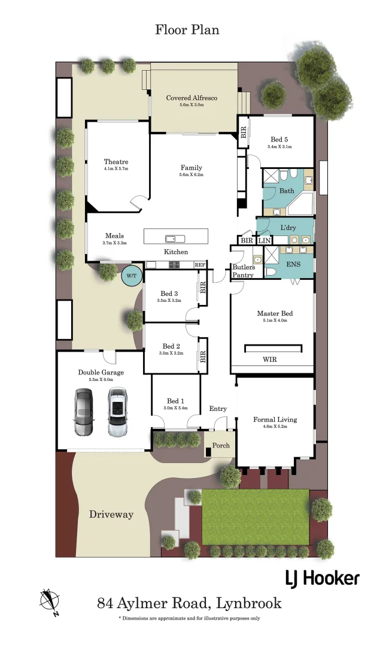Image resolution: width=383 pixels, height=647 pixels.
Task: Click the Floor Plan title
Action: point(187,29)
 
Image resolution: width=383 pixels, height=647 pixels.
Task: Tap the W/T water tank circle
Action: point(131,276)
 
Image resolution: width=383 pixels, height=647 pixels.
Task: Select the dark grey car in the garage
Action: point(83,412)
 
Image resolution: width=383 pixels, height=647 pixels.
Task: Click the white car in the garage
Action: point(118,412)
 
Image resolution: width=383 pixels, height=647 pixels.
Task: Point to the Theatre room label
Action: point(116,162)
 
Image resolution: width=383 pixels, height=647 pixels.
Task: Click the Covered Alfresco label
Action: point(191,98)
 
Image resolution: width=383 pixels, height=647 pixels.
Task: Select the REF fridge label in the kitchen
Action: point(200,265)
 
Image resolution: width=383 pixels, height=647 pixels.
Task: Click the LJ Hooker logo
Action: point(321,578)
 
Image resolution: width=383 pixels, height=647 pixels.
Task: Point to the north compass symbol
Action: point(48,601)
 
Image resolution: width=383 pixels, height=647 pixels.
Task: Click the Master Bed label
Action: point(275,313)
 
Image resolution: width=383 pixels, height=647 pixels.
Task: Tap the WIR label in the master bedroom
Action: point(270,360)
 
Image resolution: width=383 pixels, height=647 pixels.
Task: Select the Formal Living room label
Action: point(275,419)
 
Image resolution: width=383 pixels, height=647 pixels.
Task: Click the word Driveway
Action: point(111,514)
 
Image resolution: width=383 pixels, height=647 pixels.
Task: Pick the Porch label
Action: point(220,445)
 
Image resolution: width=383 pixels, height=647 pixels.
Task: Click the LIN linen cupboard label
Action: point(264,240)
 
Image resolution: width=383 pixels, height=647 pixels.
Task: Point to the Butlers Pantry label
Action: point(244,271)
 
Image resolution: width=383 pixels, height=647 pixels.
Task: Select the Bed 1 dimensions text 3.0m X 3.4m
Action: point(175,408)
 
